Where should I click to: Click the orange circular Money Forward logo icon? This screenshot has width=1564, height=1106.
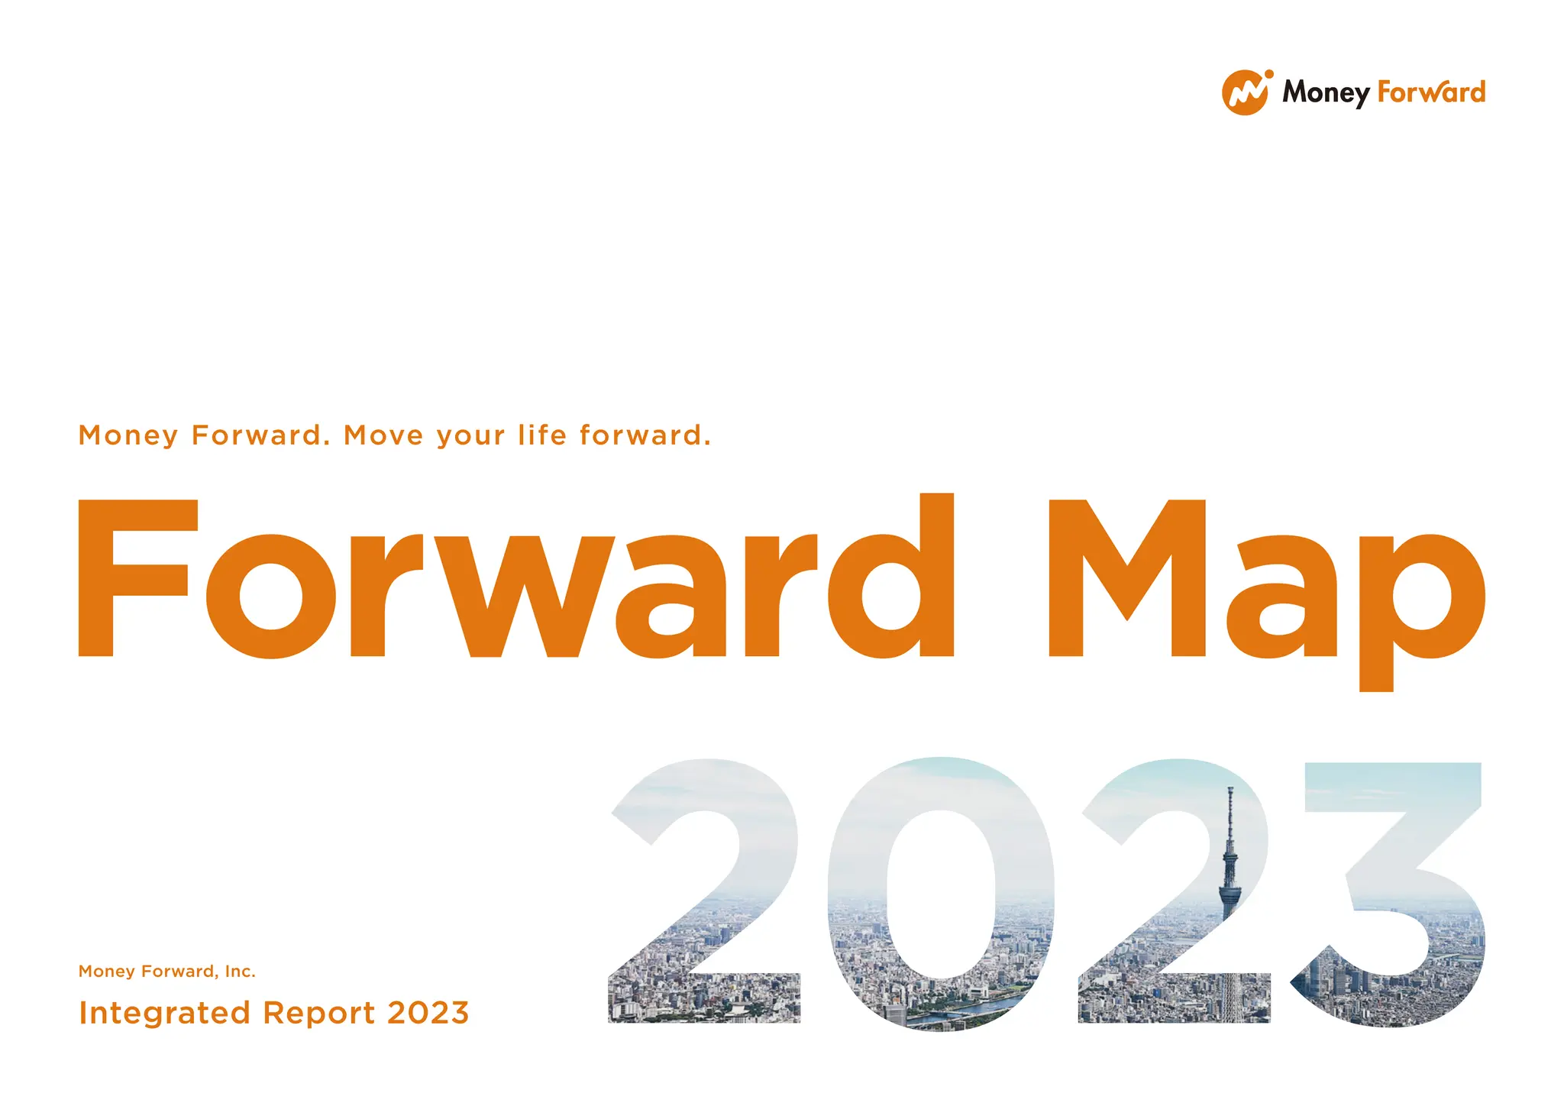point(1246,93)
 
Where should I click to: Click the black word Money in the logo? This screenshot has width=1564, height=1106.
point(1326,92)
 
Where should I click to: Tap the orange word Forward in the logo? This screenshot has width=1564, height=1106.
point(1431,92)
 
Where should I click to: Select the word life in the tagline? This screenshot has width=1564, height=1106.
point(542,435)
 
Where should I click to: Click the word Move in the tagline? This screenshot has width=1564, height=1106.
point(383,435)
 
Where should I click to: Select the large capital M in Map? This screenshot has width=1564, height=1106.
point(1126,578)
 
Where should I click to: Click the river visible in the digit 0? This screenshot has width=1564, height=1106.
point(962,1012)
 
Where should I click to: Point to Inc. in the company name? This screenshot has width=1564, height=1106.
point(240,972)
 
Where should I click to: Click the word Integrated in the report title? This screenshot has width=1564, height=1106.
point(164,1014)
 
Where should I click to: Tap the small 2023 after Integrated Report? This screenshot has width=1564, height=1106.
point(428,1014)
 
